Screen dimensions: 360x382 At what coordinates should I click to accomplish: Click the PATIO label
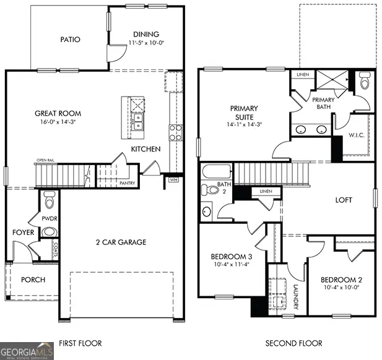(x=70, y=40)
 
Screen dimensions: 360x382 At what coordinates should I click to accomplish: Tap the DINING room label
(x=146, y=34)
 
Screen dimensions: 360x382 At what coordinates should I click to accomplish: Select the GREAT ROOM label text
(x=58, y=114)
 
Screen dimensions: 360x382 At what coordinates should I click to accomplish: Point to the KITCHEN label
(x=145, y=149)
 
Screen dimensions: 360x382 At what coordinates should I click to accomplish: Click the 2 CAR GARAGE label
(x=121, y=242)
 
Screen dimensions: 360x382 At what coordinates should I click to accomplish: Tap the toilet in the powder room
(x=50, y=200)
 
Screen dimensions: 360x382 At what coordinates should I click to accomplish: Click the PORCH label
(x=33, y=280)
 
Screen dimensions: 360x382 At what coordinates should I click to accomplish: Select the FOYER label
(x=23, y=233)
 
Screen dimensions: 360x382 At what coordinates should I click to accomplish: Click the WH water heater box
(x=173, y=180)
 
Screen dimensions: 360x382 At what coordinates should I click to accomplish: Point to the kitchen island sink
(x=137, y=119)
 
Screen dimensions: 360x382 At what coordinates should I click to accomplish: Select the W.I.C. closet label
(x=356, y=135)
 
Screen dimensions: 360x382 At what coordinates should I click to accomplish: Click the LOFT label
(x=344, y=200)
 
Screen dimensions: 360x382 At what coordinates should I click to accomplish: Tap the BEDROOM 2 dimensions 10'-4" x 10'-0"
(x=342, y=287)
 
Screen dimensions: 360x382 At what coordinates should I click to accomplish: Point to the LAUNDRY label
(x=296, y=297)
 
